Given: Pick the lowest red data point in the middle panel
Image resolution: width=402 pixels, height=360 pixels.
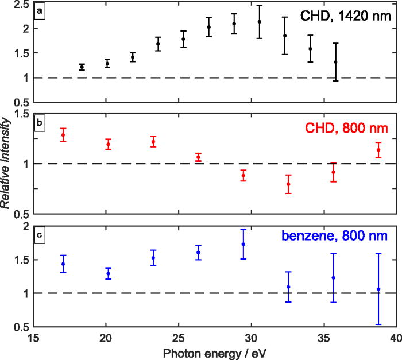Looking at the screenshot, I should (288, 184).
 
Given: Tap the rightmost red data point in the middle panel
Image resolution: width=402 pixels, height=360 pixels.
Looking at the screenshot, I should (378, 150).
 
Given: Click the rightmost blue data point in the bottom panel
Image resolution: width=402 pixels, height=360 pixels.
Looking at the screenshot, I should (378, 289).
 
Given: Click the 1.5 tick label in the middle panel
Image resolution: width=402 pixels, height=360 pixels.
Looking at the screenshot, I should (22, 114).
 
